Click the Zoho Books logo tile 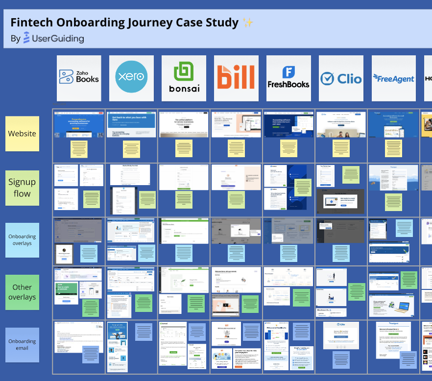[79, 78]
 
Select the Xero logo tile [131, 78]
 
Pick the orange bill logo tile [236, 78]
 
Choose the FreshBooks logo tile [288, 78]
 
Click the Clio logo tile [341, 78]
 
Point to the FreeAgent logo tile [393, 78]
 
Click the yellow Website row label [22, 133]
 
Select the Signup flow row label [22, 188]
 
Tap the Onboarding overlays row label [22, 240]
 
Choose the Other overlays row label [22, 292]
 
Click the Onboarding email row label [22, 345]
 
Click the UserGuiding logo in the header [54, 38]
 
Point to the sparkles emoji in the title [248, 23]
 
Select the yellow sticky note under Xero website [131, 149]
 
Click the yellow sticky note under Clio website [341, 149]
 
